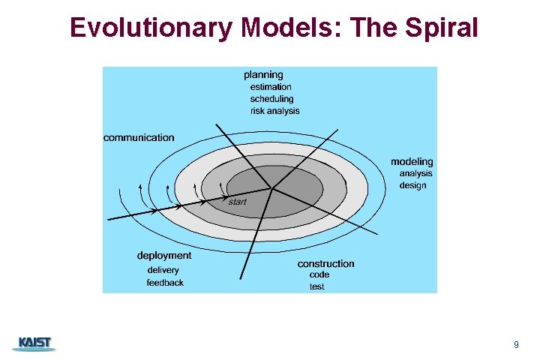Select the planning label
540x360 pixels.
(263, 75)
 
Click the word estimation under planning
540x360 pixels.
(271, 87)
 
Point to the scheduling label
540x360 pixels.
(271, 99)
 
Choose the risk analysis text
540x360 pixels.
(274, 111)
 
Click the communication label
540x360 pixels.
(139, 138)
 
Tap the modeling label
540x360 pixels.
(412, 162)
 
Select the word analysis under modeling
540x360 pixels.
(415, 174)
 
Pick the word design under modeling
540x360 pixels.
(412, 185)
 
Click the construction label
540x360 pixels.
(325, 264)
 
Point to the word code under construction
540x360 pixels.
(319, 275)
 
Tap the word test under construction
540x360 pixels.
(317, 287)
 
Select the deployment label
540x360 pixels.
(164, 256)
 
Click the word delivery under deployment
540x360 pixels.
(163, 270)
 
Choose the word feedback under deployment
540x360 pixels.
(165, 283)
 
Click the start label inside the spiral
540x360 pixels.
(237, 202)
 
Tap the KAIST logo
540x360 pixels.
(34, 343)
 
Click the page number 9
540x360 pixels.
(516, 345)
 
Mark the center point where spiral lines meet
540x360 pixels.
(271, 187)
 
